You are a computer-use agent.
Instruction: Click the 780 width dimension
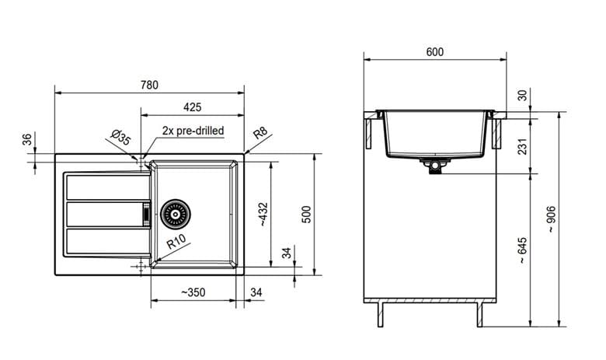tap(150, 85)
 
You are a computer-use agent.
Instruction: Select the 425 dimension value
tap(192, 107)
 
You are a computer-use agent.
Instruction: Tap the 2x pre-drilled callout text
tap(193, 131)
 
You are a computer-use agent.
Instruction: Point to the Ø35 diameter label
tap(120, 138)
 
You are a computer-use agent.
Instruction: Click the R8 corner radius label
tap(260, 133)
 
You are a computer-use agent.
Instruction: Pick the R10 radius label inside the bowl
tap(176, 241)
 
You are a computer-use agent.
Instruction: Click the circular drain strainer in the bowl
tap(176, 215)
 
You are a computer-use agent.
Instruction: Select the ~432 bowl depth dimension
tap(263, 214)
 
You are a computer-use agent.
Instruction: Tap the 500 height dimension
tap(306, 215)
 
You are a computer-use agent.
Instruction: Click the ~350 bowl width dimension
tap(193, 292)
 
